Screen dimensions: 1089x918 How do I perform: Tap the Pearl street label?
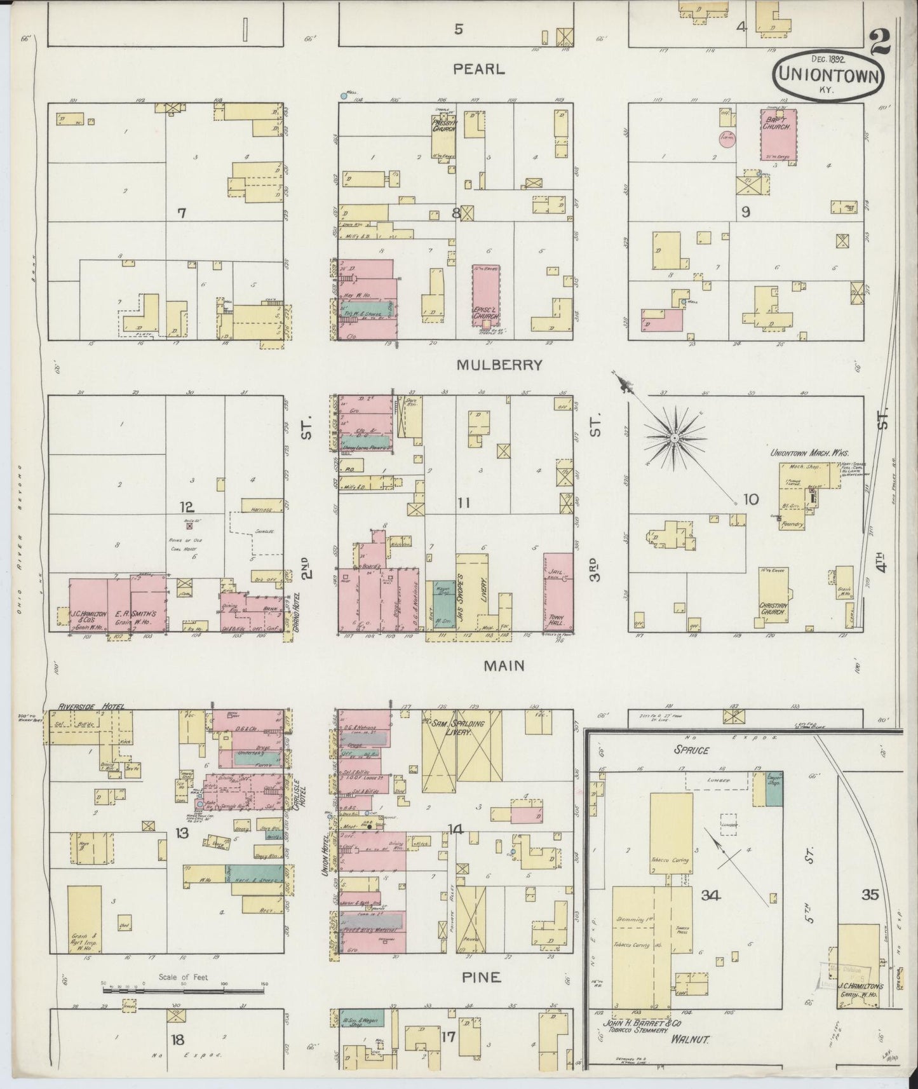point(479,69)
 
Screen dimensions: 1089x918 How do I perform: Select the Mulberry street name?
point(499,365)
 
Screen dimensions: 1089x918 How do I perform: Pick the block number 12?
point(187,507)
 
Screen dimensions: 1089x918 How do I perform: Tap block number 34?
point(710,895)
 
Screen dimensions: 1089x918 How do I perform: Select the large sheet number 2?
point(881,43)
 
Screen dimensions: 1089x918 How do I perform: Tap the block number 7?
point(182,213)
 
